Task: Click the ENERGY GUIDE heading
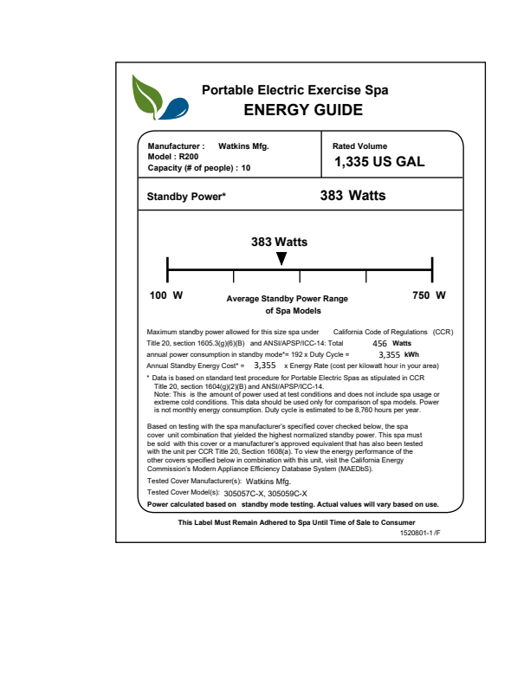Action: pos(303,110)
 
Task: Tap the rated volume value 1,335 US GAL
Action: pos(378,161)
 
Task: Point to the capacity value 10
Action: pos(246,168)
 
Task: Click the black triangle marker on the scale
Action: pos(281,258)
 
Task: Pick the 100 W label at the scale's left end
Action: pos(166,295)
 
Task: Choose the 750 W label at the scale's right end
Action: pos(429,295)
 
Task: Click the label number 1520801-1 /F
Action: pos(420,534)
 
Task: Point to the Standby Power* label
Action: pos(186,197)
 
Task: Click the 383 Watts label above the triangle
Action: pos(279,242)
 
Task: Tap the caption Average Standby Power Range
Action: pos(287,299)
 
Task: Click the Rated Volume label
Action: pos(360,146)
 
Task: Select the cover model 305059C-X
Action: pos(290,493)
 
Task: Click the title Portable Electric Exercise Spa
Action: pos(294,90)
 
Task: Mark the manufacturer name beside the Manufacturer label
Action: pos(243,146)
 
